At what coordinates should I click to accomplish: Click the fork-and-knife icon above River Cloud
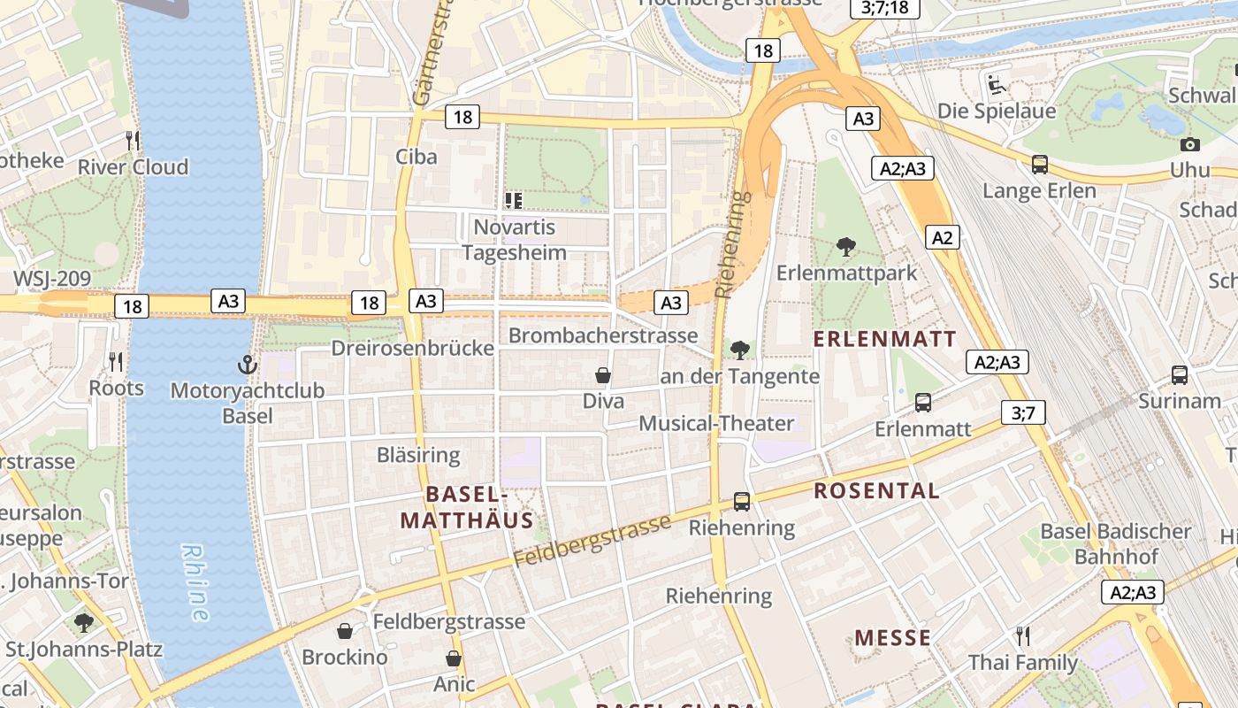click(x=133, y=141)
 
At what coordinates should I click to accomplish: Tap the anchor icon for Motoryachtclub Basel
click(x=248, y=364)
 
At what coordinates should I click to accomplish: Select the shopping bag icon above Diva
click(x=603, y=375)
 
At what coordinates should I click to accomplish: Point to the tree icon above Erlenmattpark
click(x=846, y=247)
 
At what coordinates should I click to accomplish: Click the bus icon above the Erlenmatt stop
click(x=923, y=403)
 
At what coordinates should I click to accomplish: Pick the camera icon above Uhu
click(x=1190, y=144)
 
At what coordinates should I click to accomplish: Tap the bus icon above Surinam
click(x=1180, y=374)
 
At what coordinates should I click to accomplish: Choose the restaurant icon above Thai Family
click(x=1023, y=635)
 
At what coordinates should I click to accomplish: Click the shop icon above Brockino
click(x=345, y=631)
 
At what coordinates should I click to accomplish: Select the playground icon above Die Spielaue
click(x=997, y=85)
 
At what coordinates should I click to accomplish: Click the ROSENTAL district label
click(x=876, y=491)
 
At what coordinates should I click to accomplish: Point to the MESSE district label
click(x=893, y=638)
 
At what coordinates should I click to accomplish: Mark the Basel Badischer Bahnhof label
click(x=1116, y=543)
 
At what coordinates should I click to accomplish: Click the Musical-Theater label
click(x=716, y=423)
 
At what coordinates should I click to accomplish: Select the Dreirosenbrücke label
click(x=412, y=348)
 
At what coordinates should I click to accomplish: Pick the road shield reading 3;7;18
click(x=884, y=8)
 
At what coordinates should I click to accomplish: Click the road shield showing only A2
click(x=943, y=237)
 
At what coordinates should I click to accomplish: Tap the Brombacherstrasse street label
click(x=603, y=336)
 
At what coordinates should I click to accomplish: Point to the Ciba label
click(x=416, y=157)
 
